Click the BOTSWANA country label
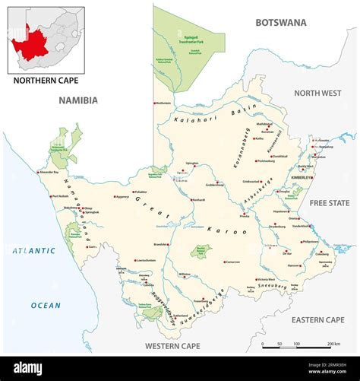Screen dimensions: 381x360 [280, 23]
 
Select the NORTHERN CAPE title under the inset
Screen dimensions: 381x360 [43, 79]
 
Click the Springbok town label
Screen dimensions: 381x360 [91, 212]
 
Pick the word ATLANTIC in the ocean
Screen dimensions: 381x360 [33, 250]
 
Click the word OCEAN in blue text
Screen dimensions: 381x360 [46, 305]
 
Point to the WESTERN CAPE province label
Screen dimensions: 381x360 [174, 346]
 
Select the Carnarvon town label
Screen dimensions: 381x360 [232, 261]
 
